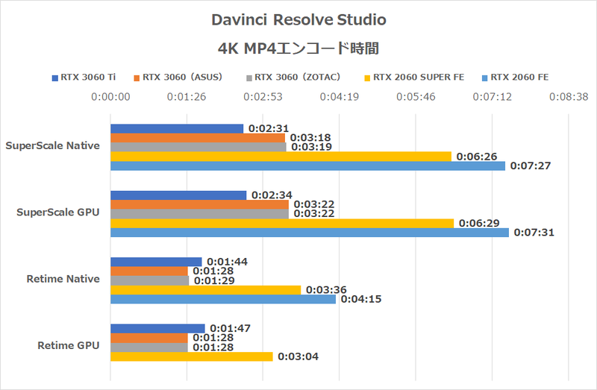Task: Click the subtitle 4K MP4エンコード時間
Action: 298,48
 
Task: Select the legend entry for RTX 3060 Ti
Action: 85,76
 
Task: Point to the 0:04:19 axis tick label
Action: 340,96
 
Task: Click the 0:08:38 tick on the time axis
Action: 569,96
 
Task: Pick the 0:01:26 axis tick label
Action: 187,96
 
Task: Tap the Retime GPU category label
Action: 68,345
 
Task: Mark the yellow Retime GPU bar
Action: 191,356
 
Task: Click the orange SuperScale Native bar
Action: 198,138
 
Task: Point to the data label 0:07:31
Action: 534,233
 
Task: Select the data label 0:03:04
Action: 298,356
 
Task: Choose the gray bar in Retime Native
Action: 149,280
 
